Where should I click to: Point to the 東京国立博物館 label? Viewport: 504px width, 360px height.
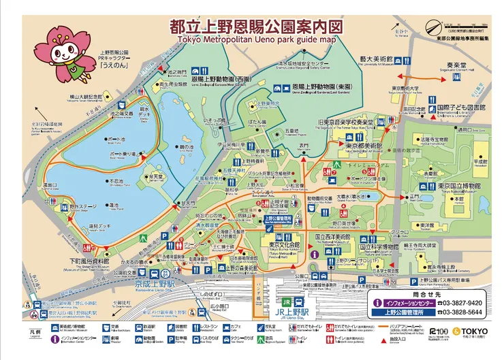coord(460,186)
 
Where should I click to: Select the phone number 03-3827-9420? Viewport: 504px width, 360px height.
coord(460,302)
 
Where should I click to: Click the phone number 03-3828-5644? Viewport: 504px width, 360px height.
coord(460,313)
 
